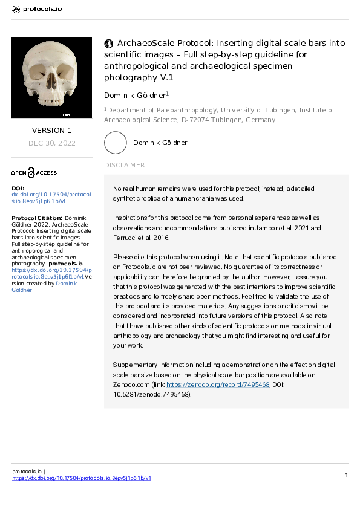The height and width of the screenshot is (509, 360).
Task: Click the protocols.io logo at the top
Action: [37, 10]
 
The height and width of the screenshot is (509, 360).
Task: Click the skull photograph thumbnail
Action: [51, 77]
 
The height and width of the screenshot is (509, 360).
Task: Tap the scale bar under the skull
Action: [66, 112]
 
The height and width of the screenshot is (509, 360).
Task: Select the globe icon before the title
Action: [109, 44]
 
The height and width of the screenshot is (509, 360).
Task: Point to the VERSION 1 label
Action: [51, 131]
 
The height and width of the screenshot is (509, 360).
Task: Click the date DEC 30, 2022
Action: [51, 143]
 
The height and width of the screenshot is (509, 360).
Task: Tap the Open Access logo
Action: [34, 173]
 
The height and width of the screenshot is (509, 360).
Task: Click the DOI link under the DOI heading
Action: [51, 198]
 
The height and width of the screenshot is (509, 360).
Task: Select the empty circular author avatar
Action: [115, 143]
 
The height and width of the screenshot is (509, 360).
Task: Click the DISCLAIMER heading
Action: [124, 165]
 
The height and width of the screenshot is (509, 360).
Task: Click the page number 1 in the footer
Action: [346, 475]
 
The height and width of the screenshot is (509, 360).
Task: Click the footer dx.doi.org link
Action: [82, 478]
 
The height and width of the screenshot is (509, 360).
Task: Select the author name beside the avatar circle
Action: [160, 143]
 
